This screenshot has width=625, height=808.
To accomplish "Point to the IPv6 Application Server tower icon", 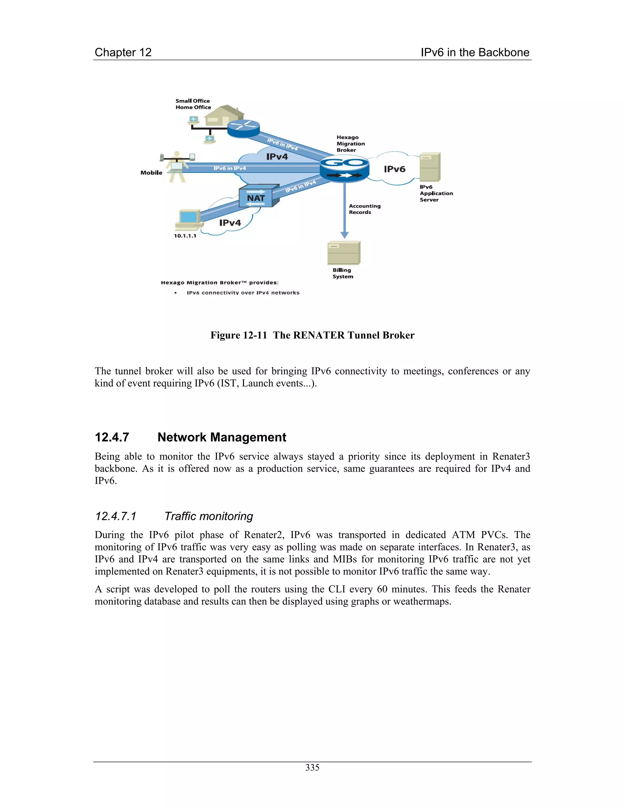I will click(x=430, y=167).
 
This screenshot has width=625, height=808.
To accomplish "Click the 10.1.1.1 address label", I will click(x=185, y=236).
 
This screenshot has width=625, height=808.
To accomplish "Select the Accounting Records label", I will click(x=364, y=209).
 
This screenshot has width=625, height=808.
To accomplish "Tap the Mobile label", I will click(x=151, y=173).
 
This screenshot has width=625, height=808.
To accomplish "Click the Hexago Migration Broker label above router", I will click(x=350, y=144).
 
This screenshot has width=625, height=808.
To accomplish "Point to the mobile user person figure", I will click(x=177, y=166).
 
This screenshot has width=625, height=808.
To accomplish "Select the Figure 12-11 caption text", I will click(x=312, y=335).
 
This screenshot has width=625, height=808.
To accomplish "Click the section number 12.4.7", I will click(x=112, y=437).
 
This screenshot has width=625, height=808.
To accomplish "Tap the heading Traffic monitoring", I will click(x=208, y=516).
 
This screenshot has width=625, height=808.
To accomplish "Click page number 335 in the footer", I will click(x=312, y=768).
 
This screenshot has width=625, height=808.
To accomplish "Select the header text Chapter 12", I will click(x=123, y=52).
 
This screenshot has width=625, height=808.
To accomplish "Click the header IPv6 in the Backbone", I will click(x=475, y=52).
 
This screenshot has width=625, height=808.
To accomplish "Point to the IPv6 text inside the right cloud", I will click(x=394, y=169).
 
